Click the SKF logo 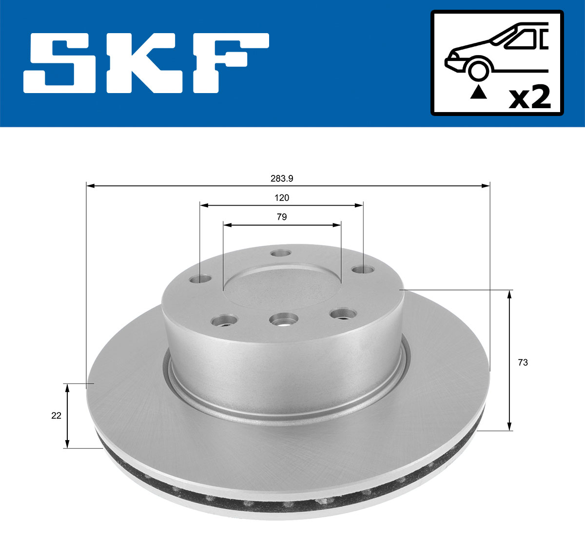coord(146,63)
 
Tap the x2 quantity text coord(529,97)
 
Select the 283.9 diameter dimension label coord(282,178)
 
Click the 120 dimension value coord(282,197)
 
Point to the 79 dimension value coord(282,217)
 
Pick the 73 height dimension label coord(523,363)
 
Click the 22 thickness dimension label coord(57,416)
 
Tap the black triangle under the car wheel coord(478,91)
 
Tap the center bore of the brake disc coord(282,288)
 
